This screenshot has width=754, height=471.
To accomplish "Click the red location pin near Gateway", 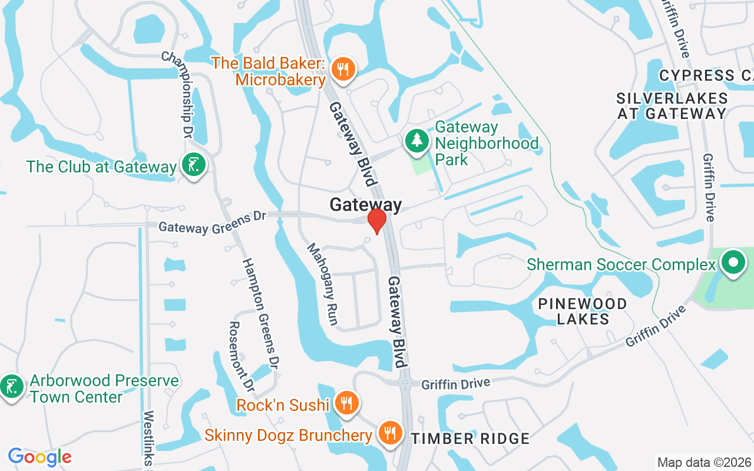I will click(x=376, y=221).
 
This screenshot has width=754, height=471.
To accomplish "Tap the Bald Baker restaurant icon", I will click(x=342, y=69).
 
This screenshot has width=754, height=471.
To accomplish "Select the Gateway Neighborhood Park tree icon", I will click(x=417, y=141).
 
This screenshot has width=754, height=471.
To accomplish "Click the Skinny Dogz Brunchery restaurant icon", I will click(x=389, y=434).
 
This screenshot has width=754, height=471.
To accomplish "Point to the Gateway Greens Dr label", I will click(x=212, y=223).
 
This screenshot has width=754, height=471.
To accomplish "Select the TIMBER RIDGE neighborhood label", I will click(x=471, y=439).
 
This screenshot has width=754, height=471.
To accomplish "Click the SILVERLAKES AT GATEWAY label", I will click(x=672, y=106).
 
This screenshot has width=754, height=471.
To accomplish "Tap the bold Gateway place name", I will click(x=365, y=205).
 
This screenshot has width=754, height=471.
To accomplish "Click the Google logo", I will click(x=39, y=457).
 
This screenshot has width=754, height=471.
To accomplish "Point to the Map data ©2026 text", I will click(x=704, y=462).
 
